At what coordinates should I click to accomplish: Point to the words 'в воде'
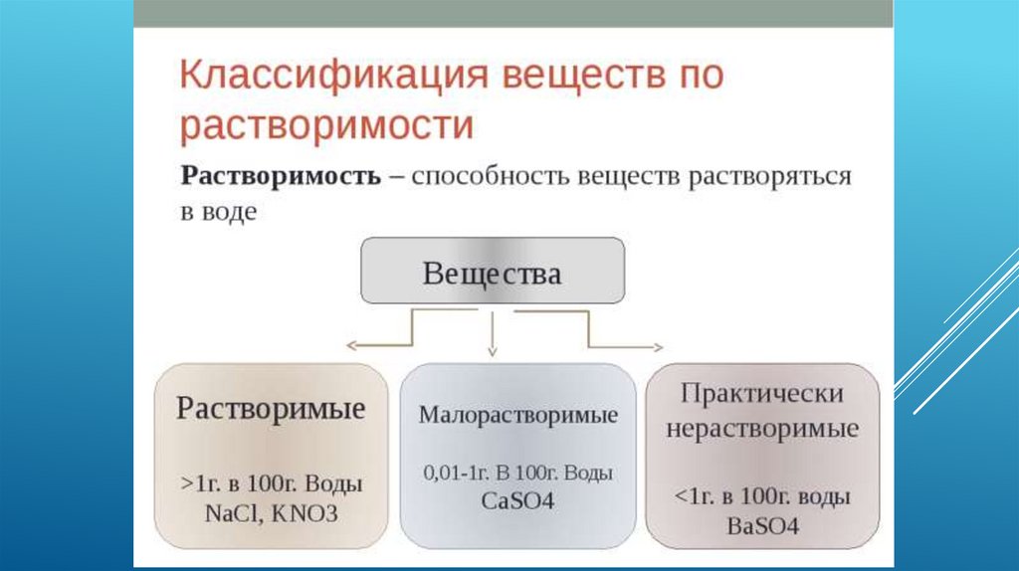(218, 212)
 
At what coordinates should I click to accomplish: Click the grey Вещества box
(492, 272)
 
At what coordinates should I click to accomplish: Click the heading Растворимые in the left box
(271, 409)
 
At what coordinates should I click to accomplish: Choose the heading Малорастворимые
(517, 415)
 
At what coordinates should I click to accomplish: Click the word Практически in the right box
(762, 392)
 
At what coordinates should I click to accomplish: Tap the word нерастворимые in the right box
(762, 430)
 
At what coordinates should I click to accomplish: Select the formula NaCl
(231, 514)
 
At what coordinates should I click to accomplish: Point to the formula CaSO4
(517, 500)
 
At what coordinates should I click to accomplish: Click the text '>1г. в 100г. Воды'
(271, 485)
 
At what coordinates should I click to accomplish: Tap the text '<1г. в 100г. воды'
(762, 495)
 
